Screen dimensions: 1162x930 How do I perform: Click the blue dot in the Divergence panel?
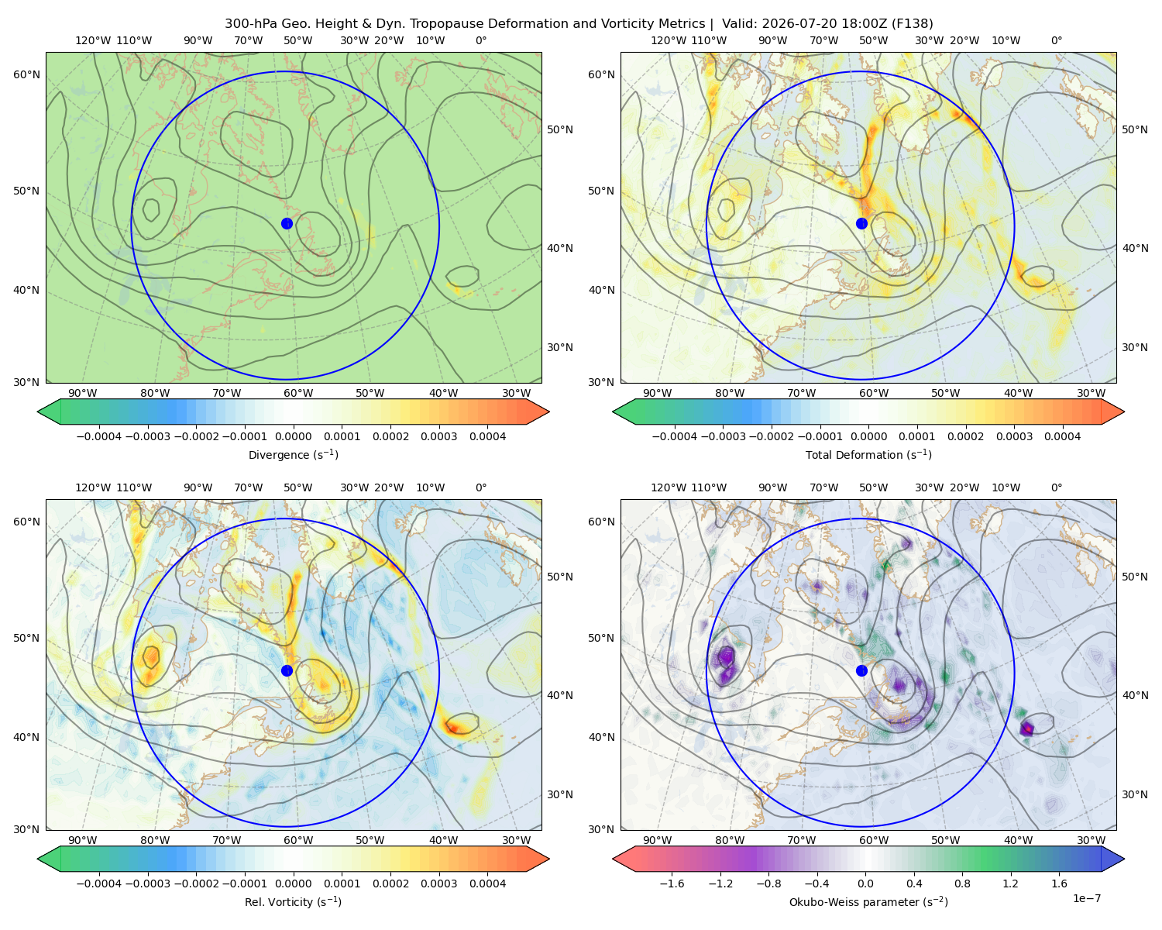287,223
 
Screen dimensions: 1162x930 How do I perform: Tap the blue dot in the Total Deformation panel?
861,223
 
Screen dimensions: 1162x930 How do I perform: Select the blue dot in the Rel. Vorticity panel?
287,670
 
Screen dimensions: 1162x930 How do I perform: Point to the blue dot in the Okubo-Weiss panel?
861,670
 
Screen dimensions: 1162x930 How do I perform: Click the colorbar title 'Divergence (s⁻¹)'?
293,454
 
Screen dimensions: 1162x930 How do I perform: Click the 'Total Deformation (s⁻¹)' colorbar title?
868,454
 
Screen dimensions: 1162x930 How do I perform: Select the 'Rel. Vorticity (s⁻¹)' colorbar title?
293,901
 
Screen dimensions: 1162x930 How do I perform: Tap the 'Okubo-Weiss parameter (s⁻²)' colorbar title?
868,901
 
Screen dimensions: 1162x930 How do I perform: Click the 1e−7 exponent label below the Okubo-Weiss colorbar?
1086,898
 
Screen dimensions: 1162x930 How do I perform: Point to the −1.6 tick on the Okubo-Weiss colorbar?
672,883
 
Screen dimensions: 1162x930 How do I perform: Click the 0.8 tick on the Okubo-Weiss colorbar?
962,883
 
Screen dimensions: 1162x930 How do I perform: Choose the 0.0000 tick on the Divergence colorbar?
293,436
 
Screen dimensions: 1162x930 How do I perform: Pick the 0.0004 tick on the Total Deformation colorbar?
1062,436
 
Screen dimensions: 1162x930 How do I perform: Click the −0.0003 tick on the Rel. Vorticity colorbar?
147,883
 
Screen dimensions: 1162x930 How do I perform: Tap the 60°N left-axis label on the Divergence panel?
26,74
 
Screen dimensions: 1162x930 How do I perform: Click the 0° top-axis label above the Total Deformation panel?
1056,40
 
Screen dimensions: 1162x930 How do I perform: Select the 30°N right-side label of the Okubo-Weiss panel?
1134,794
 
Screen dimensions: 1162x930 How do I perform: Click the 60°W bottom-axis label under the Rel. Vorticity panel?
298,840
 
